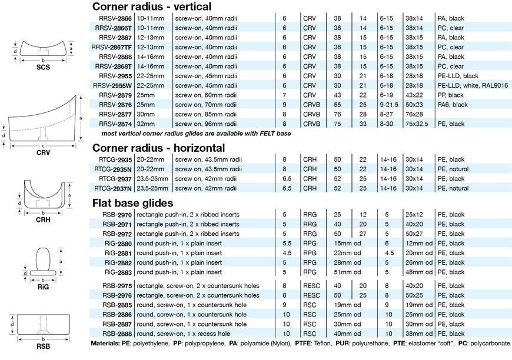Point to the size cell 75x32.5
[x=417, y=124]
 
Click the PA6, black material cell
[x=452, y=104]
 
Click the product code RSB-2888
[x=117, y=334]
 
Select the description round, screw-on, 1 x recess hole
[x=191, y=334]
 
